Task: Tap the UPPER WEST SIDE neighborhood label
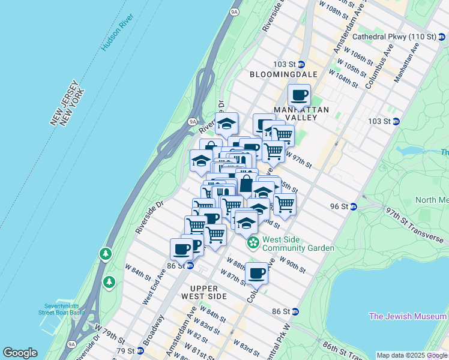click(x=200, y=292)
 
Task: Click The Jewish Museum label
click(x=408, y=316)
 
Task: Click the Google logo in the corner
click(x=20, y=353)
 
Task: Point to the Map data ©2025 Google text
click(x=412, y=355)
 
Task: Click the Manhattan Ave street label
click(x=406, y=65)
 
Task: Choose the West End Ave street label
click(x=154, y=287)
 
